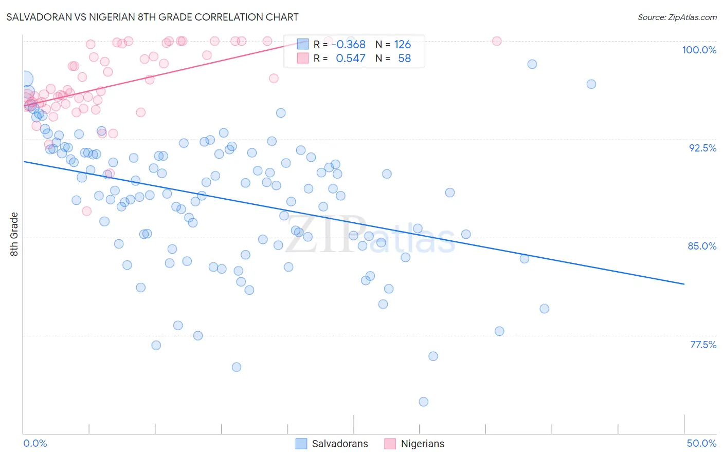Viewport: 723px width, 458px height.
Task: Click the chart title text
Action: tap(152, 17)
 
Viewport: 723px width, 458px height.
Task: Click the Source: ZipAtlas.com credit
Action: tap(677, 17)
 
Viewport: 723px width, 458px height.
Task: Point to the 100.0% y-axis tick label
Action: tap(699, 50)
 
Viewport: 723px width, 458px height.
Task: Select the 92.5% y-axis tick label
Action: tap(702, 148)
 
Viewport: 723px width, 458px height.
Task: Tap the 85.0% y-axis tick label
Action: tap(702, 246)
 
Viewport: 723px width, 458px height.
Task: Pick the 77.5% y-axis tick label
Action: tap(703, 345)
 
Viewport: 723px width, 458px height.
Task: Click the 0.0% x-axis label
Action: tap(35, 443)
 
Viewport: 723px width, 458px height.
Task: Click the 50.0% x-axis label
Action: tap(701, 443)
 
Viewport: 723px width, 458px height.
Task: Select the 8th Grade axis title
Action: tap(14, 234)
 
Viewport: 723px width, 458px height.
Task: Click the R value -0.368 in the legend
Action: tap(349, 44)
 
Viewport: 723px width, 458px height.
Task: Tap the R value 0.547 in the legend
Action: tap(351, 59)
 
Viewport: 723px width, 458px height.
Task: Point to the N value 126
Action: tap(403, 44)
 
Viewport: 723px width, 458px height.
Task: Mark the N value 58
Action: tap(404, 59)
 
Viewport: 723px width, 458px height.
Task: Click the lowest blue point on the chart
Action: tap(423, 402)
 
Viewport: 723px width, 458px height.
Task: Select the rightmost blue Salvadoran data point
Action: tap(591, 84)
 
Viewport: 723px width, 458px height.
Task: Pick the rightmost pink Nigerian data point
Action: tap(497, 41)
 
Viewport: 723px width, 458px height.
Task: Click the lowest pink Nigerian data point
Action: tap(86, 211)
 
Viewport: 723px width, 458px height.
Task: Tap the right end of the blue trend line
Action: tap(684, 284)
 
